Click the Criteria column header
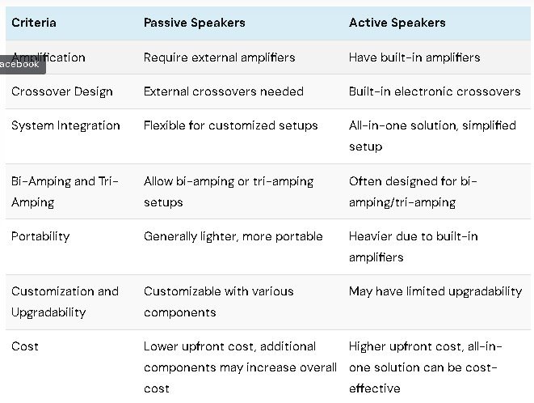34,23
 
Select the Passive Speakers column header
195,23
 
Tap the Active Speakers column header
397,23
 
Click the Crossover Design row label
62,91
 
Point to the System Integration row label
65,126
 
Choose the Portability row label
40,236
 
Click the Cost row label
25,346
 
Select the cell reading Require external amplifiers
219,57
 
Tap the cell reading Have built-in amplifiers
414,57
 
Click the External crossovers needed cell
224,91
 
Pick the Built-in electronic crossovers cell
435,91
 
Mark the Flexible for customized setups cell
230,125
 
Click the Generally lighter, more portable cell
233,236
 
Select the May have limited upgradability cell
435,292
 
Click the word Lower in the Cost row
161,346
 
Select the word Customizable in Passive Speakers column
183,291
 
